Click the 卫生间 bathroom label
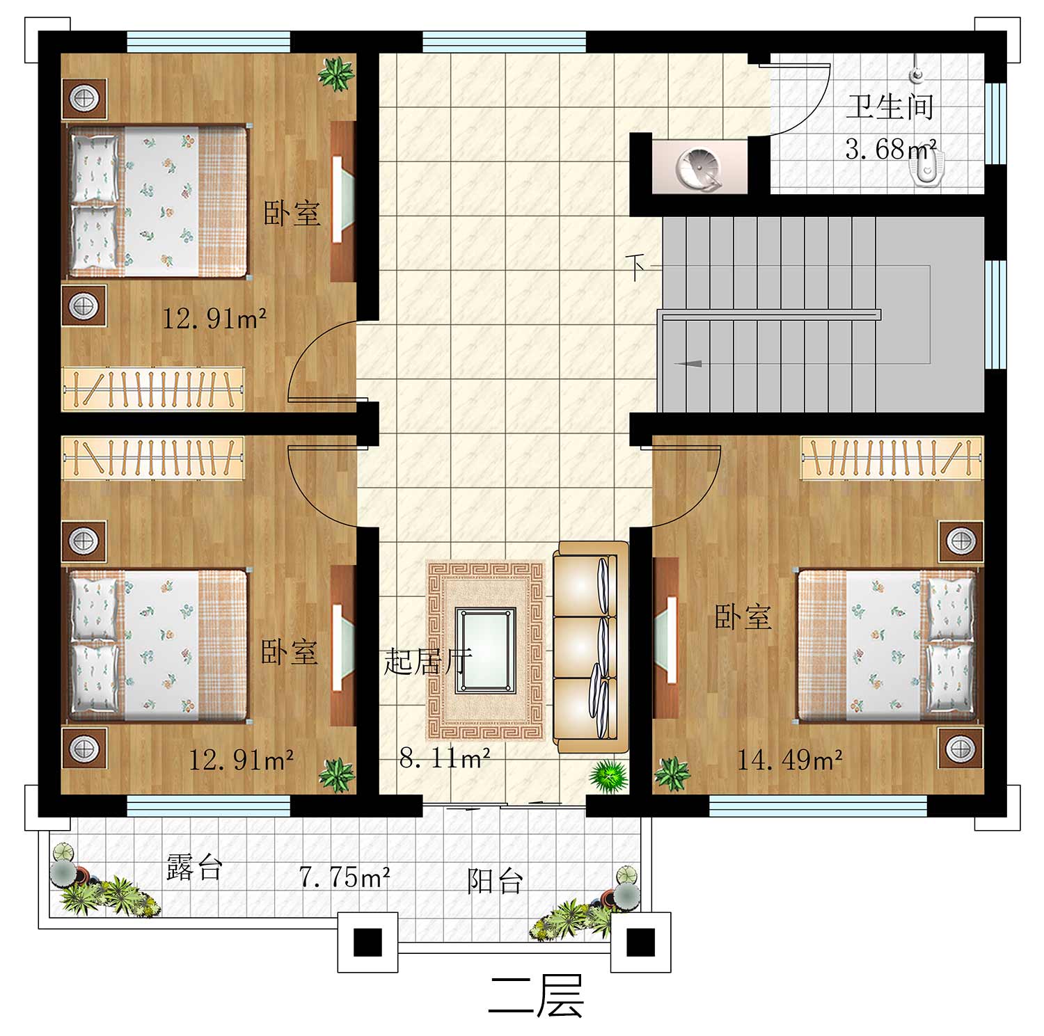889,108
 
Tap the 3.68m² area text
890,148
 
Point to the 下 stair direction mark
635,266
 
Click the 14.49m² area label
790,760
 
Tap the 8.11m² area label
445,757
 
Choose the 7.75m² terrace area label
345,877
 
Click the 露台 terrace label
194,868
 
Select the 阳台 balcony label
495,881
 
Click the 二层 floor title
535,996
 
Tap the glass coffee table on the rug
486,651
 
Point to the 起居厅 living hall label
428,660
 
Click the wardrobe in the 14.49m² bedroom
892,458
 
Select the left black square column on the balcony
367,943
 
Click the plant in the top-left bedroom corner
337,74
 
